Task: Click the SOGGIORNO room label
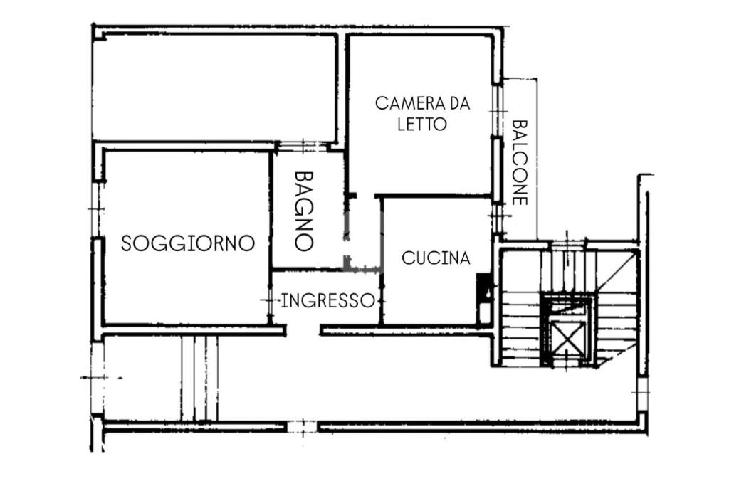(188, 243)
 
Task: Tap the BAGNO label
(303, 211)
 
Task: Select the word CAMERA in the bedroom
(403, 103)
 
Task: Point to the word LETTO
(421, 124)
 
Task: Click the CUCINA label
(436, 258)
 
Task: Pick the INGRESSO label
(327, 300)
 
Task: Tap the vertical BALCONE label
(520, 163)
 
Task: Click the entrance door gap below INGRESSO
(303, 331)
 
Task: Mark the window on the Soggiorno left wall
(97, 209)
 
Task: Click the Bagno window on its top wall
(302, 147)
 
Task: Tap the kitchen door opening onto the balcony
(497, 218)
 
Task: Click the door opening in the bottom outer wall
(302, 427)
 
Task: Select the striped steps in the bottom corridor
(199, 379)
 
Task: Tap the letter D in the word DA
(441, 103)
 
